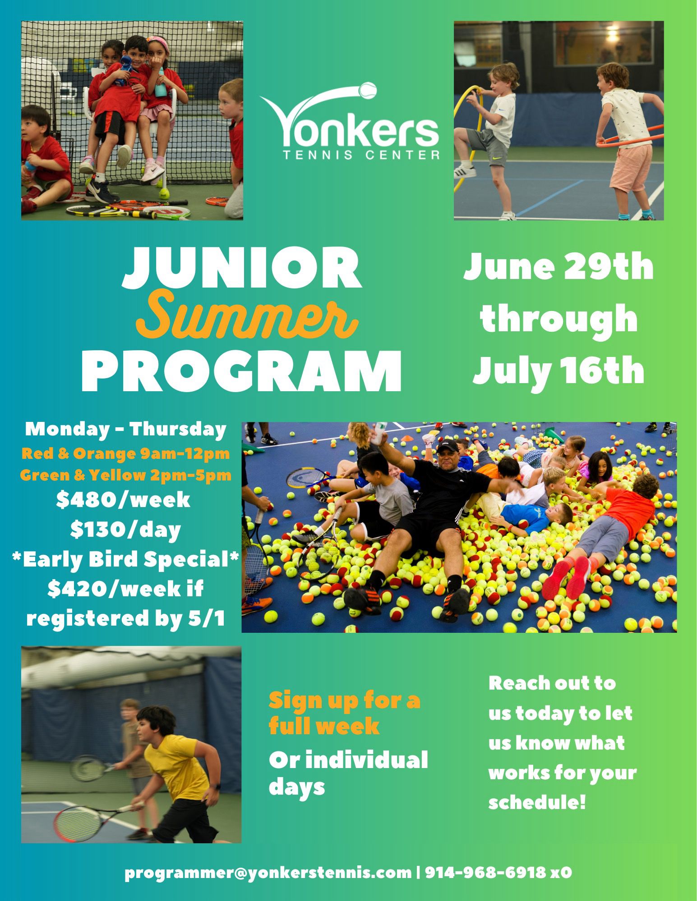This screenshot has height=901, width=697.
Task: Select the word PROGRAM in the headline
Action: point(241,368)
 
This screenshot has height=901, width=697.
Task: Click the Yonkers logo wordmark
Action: point(350,128)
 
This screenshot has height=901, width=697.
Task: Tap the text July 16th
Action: point(559,369)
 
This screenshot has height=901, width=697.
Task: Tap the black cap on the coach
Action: point(448,447)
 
